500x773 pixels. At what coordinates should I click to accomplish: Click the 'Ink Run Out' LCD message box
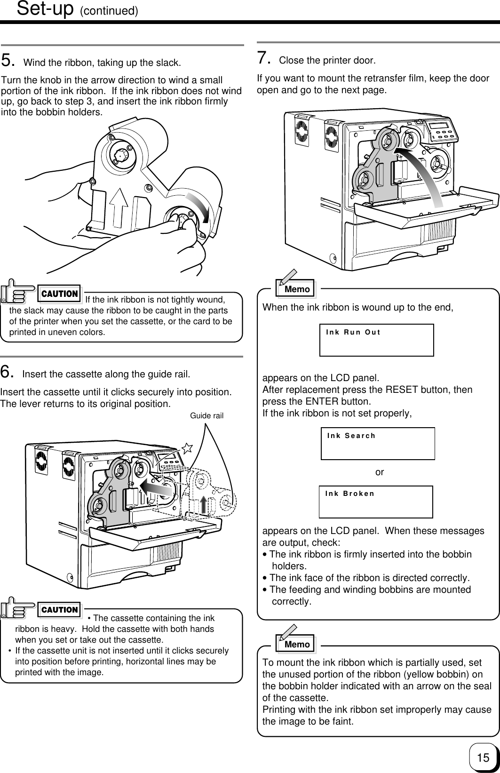376,340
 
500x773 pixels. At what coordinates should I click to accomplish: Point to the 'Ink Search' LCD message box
378,443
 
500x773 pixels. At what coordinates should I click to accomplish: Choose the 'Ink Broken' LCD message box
376,502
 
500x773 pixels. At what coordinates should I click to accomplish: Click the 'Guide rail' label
206,416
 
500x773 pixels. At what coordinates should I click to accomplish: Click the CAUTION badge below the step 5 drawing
60,294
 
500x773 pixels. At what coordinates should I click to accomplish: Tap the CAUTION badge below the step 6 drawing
60,610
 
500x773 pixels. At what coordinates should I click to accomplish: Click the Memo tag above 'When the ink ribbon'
296,289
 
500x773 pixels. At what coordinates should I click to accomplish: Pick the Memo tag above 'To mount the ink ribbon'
296,644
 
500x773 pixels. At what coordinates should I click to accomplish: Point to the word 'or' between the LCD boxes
380,472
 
